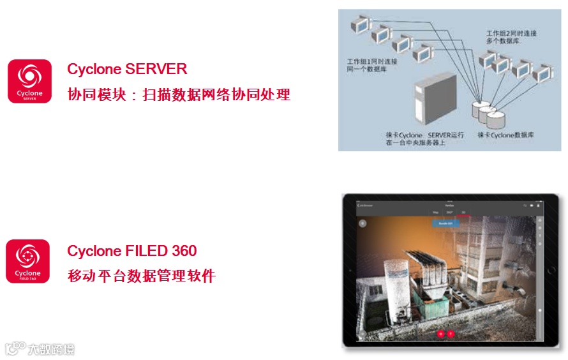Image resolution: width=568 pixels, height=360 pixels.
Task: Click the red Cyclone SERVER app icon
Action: [x=29, y=81]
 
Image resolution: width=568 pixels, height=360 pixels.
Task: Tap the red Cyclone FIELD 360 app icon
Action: [x=27, y=261]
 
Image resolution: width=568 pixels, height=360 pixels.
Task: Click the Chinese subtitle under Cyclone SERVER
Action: [x=179, y=94]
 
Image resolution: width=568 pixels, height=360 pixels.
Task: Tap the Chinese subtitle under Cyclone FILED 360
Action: [x=141, y=276]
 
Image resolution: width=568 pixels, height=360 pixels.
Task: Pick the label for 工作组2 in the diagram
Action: [x=511, y=36]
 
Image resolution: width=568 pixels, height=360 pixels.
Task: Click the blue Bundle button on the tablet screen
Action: [x=445, y=223]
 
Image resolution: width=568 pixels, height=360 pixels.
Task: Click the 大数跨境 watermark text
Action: [x=50, y=349]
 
